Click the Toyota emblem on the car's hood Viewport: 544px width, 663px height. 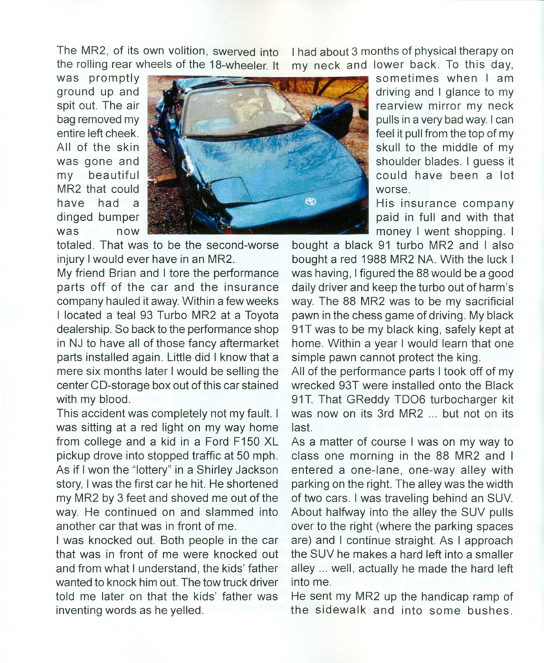click(311, 202)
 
